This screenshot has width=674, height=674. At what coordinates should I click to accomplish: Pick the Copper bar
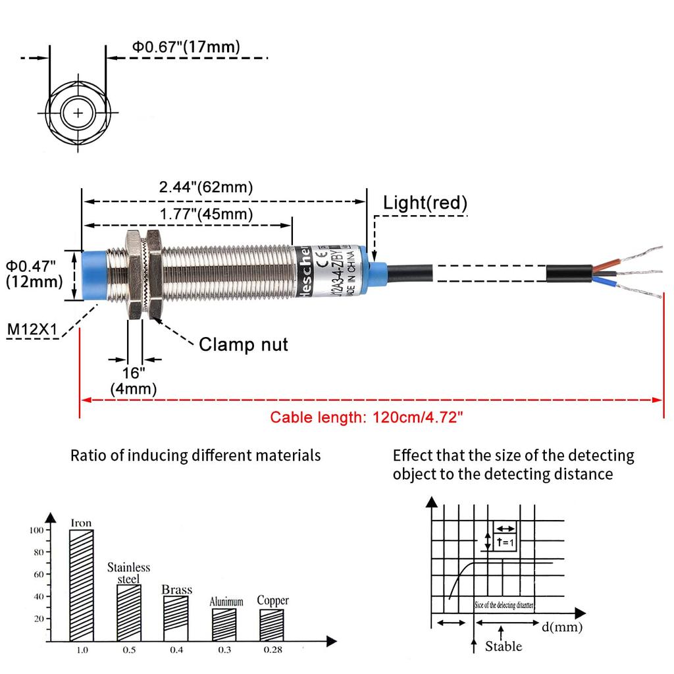tap(272, 624)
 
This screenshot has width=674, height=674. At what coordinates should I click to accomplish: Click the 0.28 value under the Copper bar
tap(272, 650)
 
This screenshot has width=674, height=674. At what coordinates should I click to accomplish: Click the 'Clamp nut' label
tap(244, 344)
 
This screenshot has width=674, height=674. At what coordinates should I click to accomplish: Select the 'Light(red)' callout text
tap(425, 203)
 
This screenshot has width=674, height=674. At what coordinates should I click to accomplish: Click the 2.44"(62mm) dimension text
tap(206, 188)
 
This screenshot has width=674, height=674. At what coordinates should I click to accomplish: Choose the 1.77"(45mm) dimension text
tap(206, 214)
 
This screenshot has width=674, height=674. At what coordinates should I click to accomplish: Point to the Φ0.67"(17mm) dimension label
tap(186, 47)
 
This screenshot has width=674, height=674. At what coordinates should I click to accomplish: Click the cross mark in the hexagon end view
tap(79, 113)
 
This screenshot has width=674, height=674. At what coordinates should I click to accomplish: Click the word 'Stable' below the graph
tap(504, 646)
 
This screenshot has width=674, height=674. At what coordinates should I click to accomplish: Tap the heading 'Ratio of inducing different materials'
tap(195, 455)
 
